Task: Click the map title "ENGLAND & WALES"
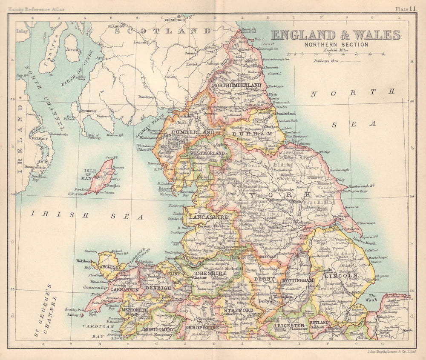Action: pos(336,35)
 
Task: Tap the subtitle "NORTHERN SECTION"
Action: pos(336,44)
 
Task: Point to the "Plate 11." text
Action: pos(406,9)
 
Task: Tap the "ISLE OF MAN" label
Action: pos(89,174)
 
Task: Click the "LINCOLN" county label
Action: pos(340,276)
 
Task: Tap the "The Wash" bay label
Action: pos(373,298)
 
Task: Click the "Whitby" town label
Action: pos(324,152)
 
